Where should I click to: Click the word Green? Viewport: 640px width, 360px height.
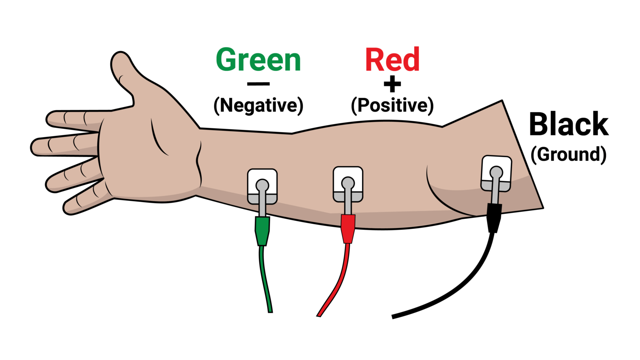(x=258, y=60)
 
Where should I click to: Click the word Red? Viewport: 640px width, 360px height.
(x=392, y=60)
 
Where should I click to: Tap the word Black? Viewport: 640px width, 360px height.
(x=569, y=124)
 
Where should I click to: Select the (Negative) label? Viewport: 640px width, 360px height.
(x=258, y=105)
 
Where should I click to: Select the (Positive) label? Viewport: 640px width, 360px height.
(x=392, y=105)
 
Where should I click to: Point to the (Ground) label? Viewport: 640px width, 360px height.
(x=569, y=154)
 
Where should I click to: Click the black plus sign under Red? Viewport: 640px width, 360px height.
(x=392, y=85)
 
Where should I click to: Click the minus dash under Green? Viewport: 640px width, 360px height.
(x=258, y=84)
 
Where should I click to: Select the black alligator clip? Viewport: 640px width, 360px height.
(x=494, y=217)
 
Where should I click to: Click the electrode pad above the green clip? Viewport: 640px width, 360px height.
(x=262, y=186)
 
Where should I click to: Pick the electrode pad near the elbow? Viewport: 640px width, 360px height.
(x=496, y=173)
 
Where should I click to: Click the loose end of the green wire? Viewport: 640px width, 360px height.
(x=270, y=310)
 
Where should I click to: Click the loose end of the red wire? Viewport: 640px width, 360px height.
(x=319, y=315)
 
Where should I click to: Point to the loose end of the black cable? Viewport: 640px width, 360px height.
(x=393, y=317)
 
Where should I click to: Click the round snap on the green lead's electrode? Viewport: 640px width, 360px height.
(x=262, y=185)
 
